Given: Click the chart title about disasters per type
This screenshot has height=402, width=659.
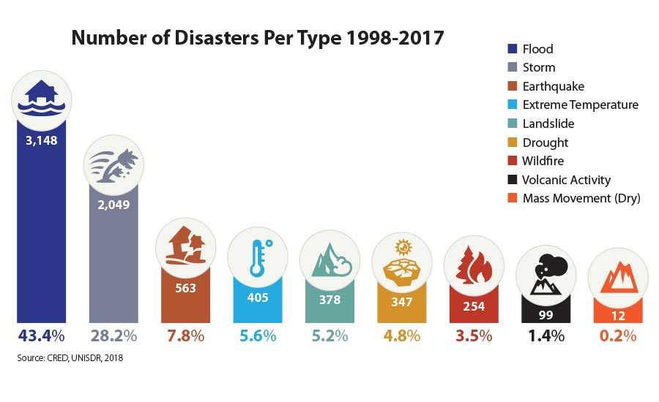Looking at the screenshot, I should pyautogui.click(x=257, y=37).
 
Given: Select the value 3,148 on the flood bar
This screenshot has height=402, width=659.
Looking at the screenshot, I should pyautogui.click(x=41, y=140).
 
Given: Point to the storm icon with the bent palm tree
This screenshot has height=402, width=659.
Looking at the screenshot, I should pyautogui.click(x=113, y=163).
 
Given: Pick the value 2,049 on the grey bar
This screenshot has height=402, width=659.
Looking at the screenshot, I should pyautogui.click(x=113, y=205).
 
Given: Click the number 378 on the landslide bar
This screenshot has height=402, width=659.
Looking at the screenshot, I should pyautogui.click(x=329, y=300).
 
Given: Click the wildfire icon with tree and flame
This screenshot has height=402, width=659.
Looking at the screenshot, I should pyautogui.click(x=472, y=265).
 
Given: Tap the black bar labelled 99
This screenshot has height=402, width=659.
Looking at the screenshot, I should pyautogui.click(x=545, y=311).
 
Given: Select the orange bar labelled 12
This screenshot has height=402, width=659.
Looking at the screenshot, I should pyautogui.click(x=617, y=313).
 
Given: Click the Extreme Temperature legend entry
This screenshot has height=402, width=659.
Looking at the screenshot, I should pyautogui.click(x=580, y=105).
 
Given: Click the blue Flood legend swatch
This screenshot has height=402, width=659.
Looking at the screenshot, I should pyautogui.click(x=513, y=49).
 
